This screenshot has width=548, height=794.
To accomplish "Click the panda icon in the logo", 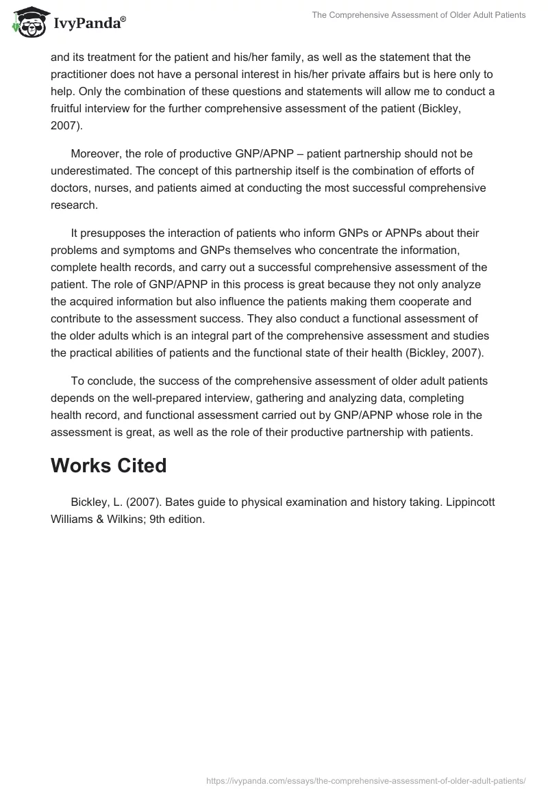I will (27, 23).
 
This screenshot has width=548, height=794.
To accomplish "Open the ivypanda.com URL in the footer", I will (366, 780).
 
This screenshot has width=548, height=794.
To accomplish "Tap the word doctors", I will (69, 188).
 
